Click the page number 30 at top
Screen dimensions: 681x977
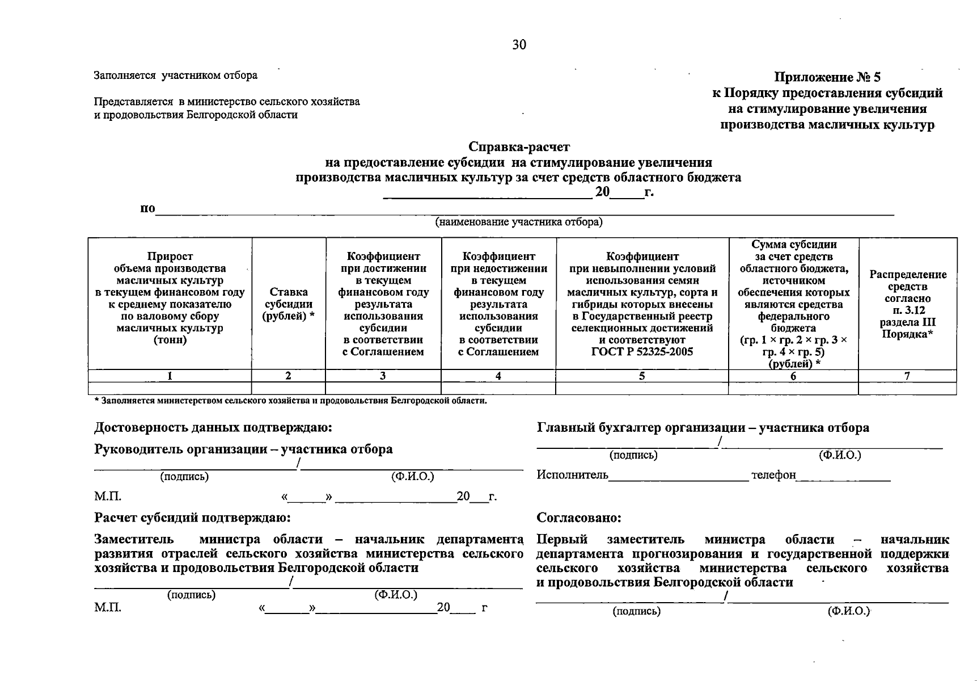pos(519,45)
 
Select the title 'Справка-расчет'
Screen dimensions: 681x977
pos(519,148)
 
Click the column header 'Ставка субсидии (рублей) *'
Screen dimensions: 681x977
pos(288,304)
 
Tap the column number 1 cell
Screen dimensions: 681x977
pos(170,376)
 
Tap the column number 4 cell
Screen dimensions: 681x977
pos(498,376)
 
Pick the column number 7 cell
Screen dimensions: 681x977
pos(907,376)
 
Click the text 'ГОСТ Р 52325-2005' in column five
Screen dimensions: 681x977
pos(642,351)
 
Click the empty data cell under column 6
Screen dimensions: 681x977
pos(793,389)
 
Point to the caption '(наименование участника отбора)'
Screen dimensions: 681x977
pos(518,222)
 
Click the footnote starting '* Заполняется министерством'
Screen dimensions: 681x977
pos(290,401)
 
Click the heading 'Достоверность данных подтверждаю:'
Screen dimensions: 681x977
pos(213,427)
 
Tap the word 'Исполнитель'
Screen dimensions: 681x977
pos(572,474)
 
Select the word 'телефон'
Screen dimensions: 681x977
pos(773,474)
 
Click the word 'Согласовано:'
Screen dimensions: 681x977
pos(578,518)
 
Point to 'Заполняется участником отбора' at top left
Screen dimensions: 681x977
pos(175,75)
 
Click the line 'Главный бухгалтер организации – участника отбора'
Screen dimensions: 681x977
pos(703,428)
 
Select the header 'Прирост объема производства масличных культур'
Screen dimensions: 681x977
pos(170,268)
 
